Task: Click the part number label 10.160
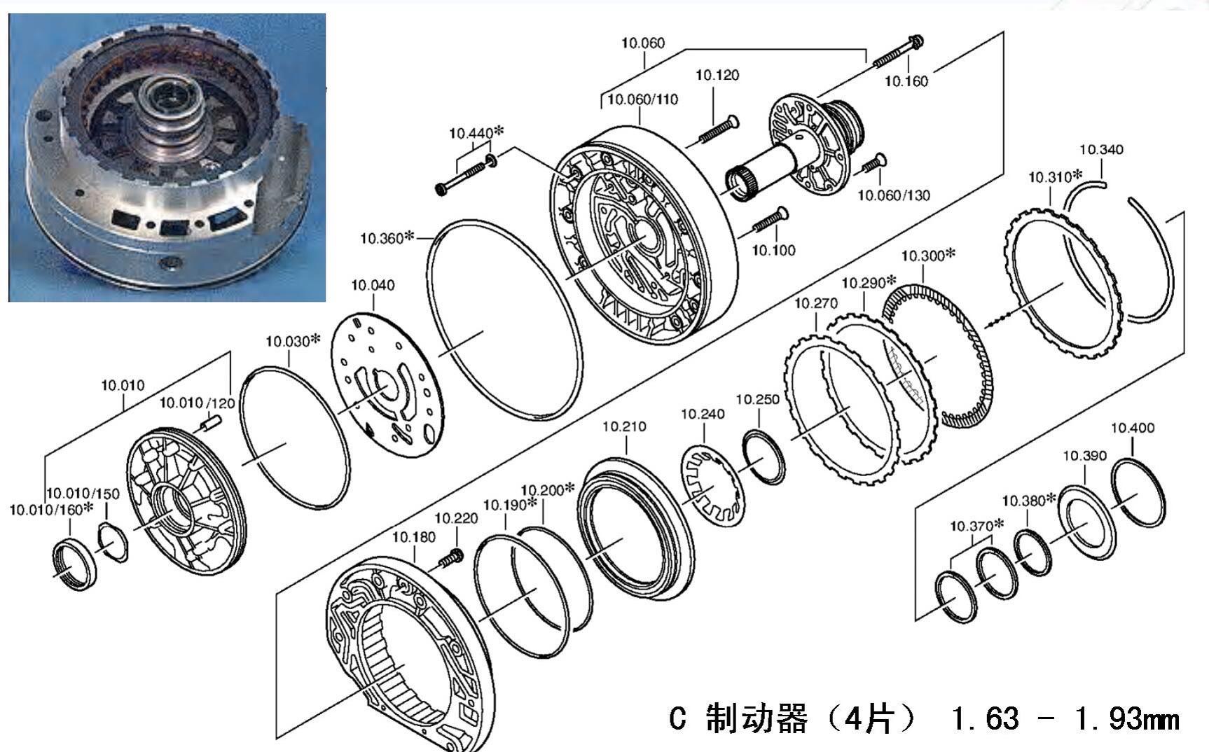[906, 81]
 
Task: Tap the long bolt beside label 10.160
[898, 50]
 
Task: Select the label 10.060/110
[642, 99]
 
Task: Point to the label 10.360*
[387, 238]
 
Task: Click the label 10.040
[373, 285]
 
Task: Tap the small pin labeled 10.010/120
[210, 422]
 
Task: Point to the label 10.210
[624, 426]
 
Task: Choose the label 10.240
[703, 415]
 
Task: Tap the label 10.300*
[927, 256]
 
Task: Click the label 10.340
[1101, 149]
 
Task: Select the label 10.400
[1133, 428]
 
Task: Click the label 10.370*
[976, 526]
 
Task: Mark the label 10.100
[773, 250]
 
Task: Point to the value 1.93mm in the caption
[1126, 719]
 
